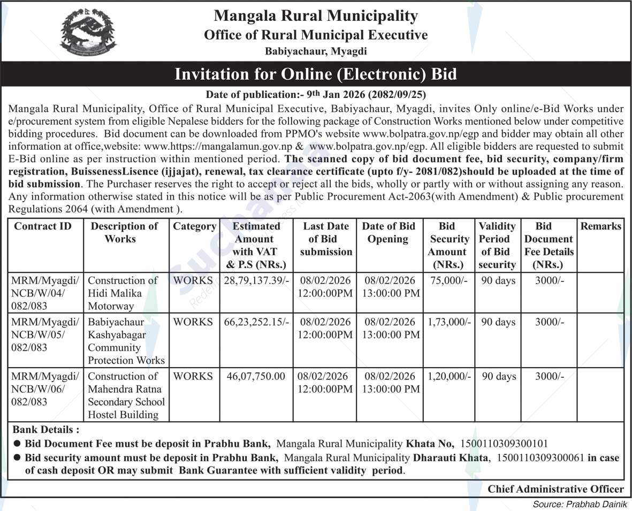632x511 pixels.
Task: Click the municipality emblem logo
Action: pos(88,32)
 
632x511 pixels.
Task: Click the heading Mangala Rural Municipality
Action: pos(316,16)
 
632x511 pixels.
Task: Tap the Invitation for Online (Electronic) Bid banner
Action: pos(316,74)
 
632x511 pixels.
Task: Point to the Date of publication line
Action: pos(316,95)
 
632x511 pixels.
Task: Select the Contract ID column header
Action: pos(43,226)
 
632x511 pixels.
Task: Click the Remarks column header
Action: pos(601,226)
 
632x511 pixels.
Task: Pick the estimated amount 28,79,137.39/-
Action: pos(256,280)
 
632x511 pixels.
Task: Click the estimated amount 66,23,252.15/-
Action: pos(256,322)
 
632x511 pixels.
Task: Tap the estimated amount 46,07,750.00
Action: pos(256,377)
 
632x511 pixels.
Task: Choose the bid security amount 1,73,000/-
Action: pos(449,322)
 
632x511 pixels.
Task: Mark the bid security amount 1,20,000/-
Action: pos(449,377)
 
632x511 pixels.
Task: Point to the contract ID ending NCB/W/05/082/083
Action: pos(45,335)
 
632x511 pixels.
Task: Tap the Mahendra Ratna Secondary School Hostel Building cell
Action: pos(126,395)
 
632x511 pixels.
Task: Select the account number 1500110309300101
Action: pos(504,444)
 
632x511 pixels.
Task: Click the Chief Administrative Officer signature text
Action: pos(555,489)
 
